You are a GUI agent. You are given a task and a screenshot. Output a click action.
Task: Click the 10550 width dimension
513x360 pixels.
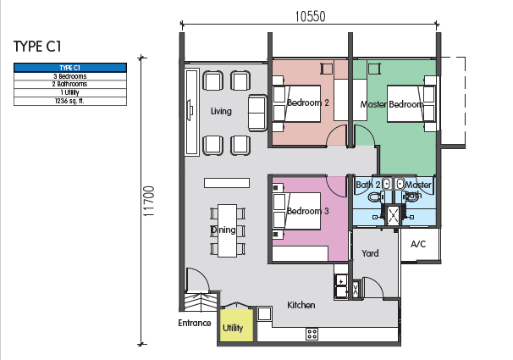(x=310, y=16)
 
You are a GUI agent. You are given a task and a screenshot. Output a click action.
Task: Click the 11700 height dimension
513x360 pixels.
(x=148, y=201)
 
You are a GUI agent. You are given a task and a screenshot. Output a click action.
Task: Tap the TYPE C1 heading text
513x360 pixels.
(x=37, y=46)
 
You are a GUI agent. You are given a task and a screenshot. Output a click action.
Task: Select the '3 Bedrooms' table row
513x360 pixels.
(x=70, y=76)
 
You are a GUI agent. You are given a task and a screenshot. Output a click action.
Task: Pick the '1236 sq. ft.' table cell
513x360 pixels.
(x=70, y=101)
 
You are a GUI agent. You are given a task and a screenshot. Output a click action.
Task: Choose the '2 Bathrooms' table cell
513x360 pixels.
(x=70, y=84)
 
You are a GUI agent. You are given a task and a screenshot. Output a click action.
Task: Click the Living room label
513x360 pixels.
(x=221, y=111)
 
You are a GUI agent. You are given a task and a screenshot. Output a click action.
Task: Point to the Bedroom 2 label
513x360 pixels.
(x=308, y=102)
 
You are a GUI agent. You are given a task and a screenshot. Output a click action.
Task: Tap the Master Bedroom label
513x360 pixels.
(x=392, y=104)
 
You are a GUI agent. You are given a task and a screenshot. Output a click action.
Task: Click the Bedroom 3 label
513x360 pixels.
(x=308, y=211)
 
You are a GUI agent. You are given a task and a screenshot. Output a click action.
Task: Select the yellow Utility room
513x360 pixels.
(x=236, y=325)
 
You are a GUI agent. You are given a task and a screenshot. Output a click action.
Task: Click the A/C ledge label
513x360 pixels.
(x=418, y=244)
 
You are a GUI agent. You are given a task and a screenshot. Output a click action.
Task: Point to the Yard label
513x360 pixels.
(x=370, y=253)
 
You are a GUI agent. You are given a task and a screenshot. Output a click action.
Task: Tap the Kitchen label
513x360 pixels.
(x=301, y=305)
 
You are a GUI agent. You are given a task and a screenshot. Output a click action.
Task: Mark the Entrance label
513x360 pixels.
(x=195, y=324)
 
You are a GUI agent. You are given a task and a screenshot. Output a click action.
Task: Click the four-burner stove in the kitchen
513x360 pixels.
(x=312, y=334)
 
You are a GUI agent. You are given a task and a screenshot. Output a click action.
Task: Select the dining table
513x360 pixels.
(x=227, y=230)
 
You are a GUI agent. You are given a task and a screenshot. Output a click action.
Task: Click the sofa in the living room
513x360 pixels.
(x=257, y=113)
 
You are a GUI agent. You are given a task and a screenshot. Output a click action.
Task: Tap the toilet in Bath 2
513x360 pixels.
(x=377, y=197)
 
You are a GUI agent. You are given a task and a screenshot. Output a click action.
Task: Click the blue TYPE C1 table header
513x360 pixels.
(x=70, y=68)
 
